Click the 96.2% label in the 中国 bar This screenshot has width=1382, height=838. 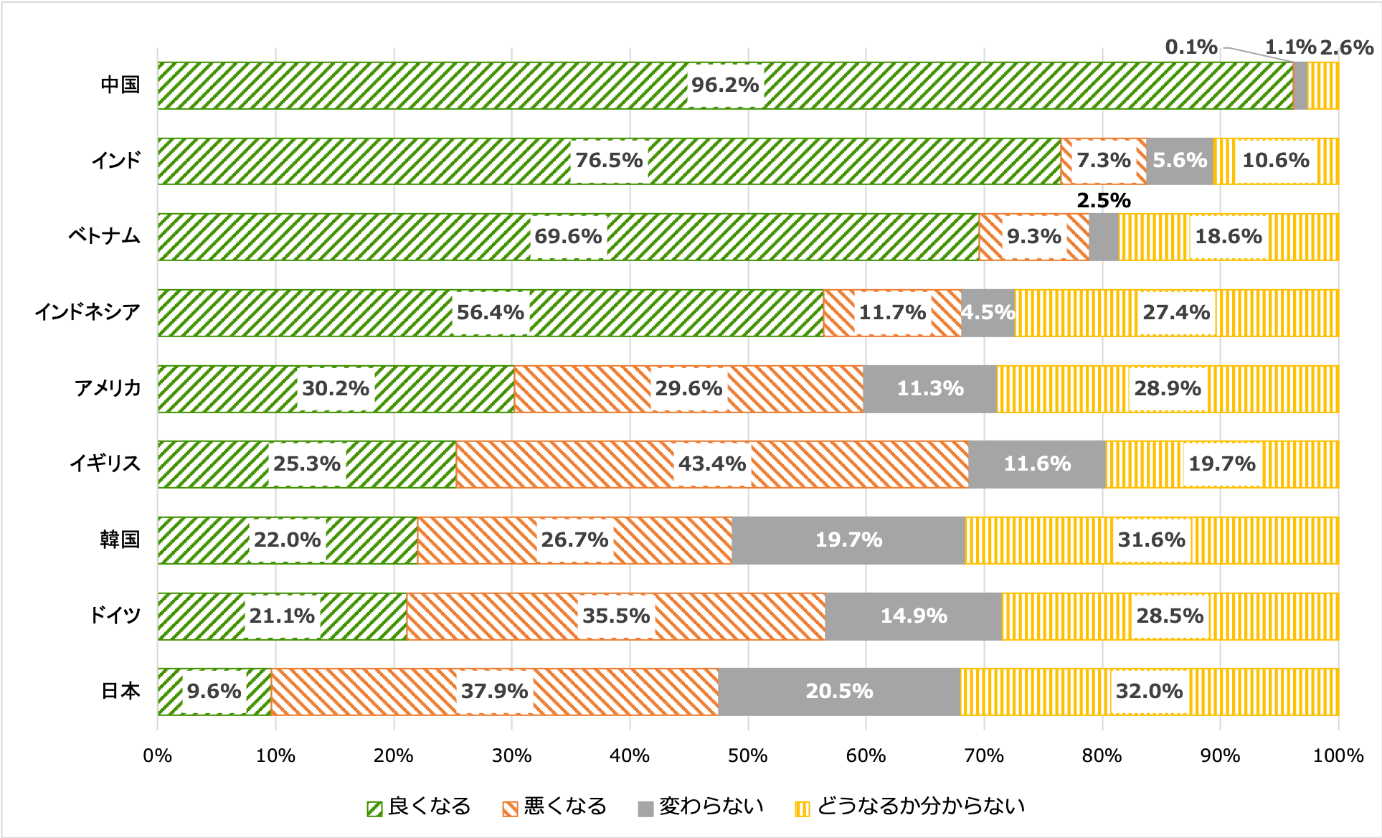coord(724,85)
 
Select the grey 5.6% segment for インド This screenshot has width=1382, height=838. coord(1179,161)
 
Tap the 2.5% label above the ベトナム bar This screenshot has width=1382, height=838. coord(1103,201)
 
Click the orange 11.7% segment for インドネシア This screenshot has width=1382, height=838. coord(892,313)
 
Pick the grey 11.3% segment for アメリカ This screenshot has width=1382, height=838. coord(929,389)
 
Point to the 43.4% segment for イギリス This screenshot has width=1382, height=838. coord(712,464)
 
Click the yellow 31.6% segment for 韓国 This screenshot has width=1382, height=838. coord(1151,540)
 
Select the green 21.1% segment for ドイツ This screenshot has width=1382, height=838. coord(282,616)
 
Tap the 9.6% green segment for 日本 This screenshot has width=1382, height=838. coord(214,692)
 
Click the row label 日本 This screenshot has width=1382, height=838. coord(120,692)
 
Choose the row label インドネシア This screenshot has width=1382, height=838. coord(87,313)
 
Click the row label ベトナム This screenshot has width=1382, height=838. coord(104,237)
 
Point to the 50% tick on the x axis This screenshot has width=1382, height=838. coord(747,756)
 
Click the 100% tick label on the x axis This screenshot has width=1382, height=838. coord(1338,756)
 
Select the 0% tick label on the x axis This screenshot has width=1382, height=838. coord(158,756)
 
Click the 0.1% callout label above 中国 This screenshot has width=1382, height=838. coord(1191,48)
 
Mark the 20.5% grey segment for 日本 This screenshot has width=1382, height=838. coord(838,692)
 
